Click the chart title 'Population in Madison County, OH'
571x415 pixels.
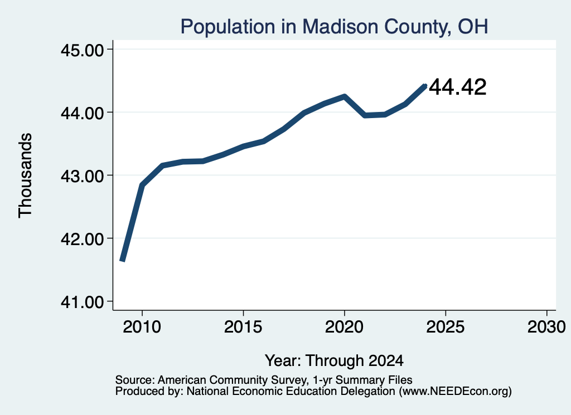click(334, 27)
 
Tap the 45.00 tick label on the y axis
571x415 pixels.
click(83, 50)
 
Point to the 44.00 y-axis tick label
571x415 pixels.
click(83, 113)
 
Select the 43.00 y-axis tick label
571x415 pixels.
click(83, 175)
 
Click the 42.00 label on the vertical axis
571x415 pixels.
click(83, 238)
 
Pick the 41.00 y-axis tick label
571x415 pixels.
click(83, 301)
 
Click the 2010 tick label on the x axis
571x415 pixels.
click(142, 326)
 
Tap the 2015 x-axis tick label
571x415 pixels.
click(243, 326)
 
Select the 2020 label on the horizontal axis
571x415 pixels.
click(344, 326)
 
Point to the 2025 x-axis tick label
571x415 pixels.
click(446, 326)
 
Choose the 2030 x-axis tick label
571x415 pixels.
click(546, 326)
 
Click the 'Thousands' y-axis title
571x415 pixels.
click(25, 175)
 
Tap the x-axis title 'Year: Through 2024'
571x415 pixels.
click(334, 360)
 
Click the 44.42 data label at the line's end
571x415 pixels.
click(457, 87)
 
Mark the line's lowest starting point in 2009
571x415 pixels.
click(122, 260)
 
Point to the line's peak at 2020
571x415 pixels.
click(344, 96)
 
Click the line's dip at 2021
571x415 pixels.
click(365, 115)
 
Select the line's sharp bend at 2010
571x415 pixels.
click(142, 185)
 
